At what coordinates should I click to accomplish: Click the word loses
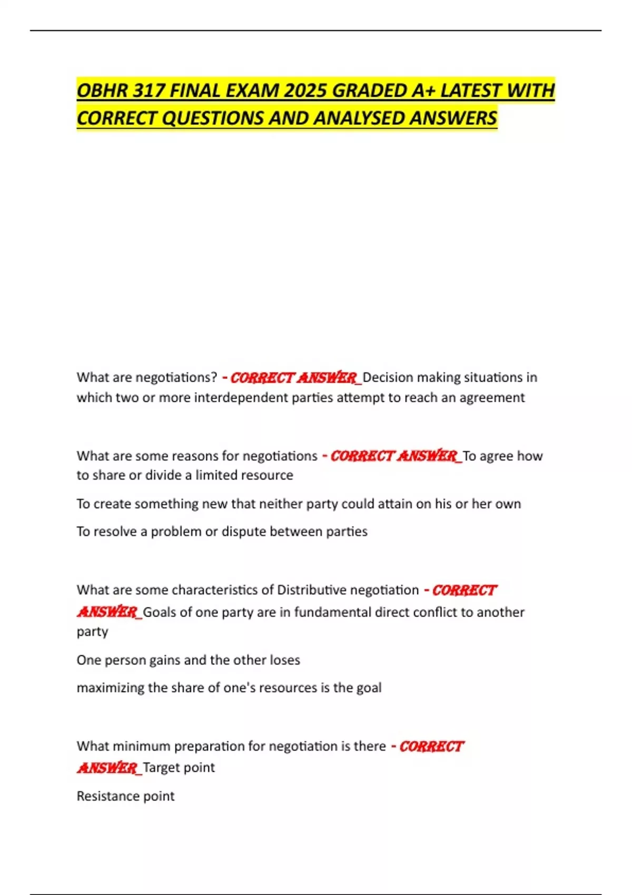284,660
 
